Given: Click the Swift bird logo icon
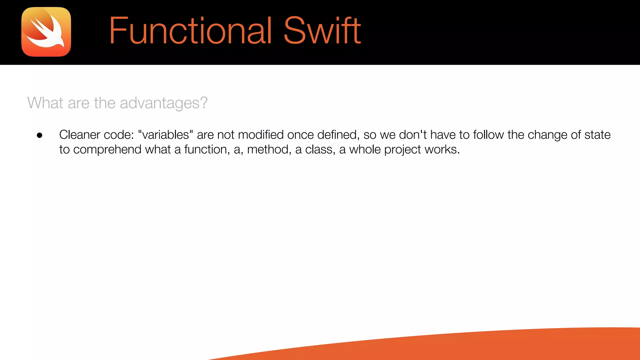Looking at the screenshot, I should tap(46, 32).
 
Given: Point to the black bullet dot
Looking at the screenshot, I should tap(39, 135).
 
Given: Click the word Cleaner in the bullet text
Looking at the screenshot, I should tap(79, 135).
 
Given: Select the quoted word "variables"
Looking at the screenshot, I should tap(165, 135).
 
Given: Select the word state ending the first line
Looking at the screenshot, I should tap(597, 135).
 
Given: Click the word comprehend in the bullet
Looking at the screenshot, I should tap(107, 150).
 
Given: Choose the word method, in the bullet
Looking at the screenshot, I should tap(269, 150).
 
